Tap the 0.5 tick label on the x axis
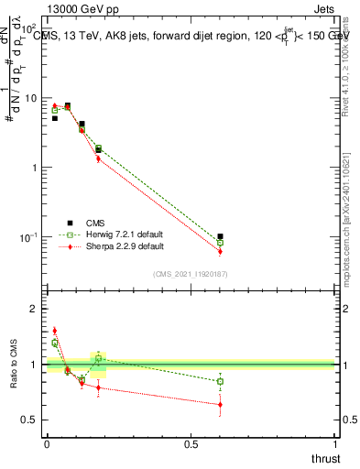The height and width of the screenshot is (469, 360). point(191,445)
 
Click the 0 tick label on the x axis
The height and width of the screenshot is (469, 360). point(46,445)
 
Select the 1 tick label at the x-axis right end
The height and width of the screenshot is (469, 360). point(335,445)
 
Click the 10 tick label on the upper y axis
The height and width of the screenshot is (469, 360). point(30,98)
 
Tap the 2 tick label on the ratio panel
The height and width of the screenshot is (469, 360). point(36,309)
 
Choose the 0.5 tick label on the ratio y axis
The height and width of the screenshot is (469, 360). point(31,420)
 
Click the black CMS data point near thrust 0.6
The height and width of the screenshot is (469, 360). point(220,236)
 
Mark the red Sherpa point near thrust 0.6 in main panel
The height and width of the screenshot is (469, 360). point(220,251)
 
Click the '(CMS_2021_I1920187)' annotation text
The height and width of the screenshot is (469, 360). point(191,274)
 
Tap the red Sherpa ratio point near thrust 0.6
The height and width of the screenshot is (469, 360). point(220,404)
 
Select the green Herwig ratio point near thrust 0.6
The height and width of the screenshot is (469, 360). point(220,381)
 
